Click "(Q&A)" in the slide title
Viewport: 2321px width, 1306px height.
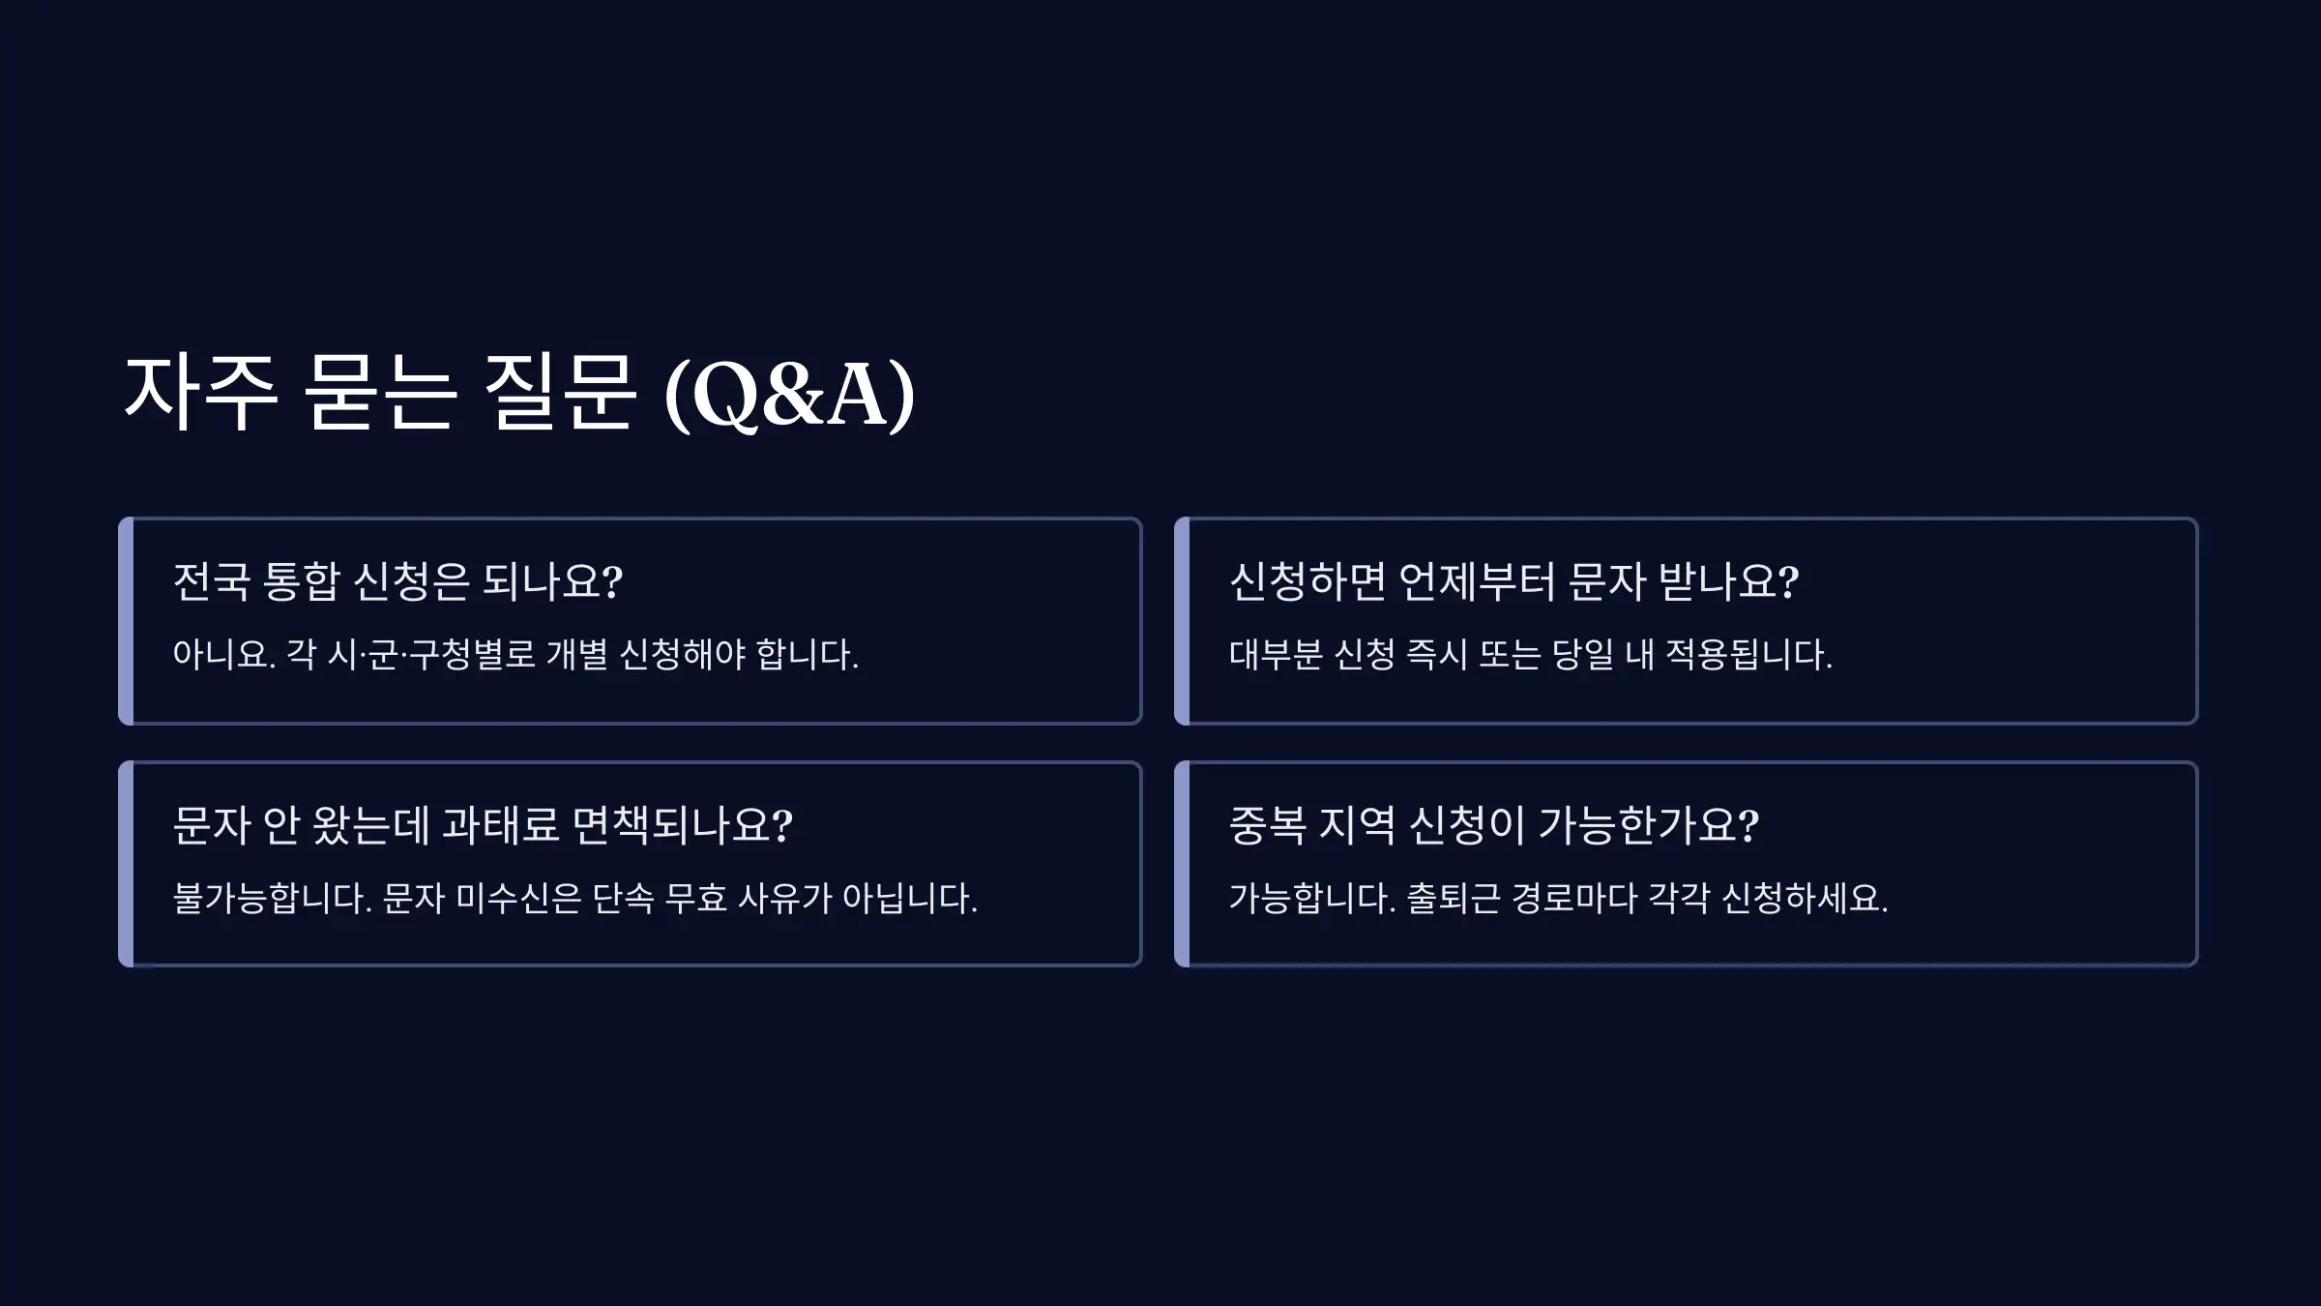(789, 395)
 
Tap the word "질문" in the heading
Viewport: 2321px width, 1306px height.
(559, 395)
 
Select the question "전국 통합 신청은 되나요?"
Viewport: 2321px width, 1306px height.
(397, 581)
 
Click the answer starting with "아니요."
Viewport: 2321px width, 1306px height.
(515, 655)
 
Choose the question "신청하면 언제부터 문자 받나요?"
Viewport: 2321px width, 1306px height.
(1513, 581)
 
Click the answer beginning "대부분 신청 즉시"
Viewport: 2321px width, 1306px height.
(1530, 655)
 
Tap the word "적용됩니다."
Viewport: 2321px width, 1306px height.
(1748, 655)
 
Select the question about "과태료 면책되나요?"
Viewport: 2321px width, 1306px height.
(483, 825)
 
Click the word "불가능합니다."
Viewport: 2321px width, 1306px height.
(272, 899)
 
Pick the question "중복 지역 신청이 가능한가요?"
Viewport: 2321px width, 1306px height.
(1493, 825)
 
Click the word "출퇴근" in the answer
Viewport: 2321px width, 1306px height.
(1453, 899)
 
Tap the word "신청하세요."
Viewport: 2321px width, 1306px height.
(1805, 899)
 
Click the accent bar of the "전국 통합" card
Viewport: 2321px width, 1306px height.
(126, 621)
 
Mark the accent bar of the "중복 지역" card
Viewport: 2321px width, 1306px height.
(1182, 864)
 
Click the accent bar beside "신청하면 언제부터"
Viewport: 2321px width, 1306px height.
(1182, 621)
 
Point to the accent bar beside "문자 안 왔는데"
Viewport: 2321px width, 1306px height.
(126, 864)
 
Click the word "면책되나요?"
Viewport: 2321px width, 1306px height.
(682, 825)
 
